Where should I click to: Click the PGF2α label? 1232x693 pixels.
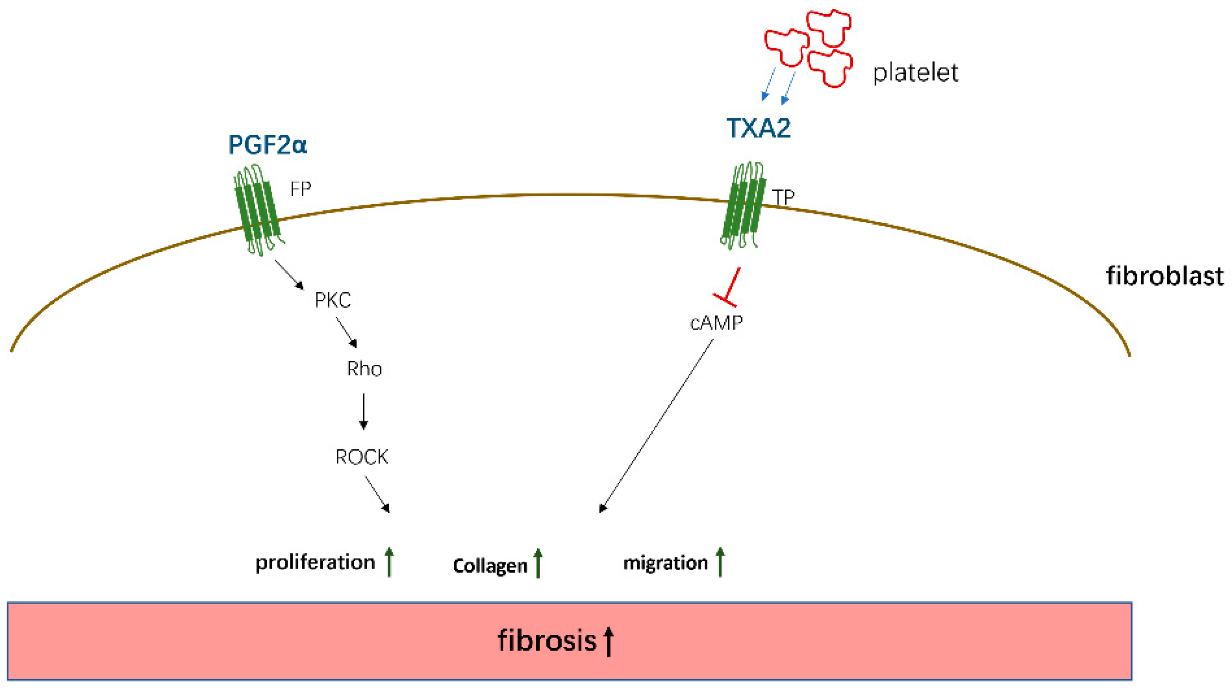point(267,145)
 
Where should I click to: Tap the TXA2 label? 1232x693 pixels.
point(758,128)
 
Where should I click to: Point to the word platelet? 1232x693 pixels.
point(915,73)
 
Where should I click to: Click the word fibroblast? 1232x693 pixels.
point(1164,276)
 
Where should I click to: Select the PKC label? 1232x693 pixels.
point(333,301)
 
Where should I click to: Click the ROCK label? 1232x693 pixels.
point(361,457)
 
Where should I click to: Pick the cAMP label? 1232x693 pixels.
point(716,323)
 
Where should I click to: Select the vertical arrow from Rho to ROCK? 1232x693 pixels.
point(364,411)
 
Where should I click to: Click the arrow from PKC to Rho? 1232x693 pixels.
point(346,333)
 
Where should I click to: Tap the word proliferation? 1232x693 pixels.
point(315,562)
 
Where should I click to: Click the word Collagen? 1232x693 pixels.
point(490,566)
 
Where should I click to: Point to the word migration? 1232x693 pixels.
point(665,563)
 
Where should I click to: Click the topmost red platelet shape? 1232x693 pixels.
point(829,26)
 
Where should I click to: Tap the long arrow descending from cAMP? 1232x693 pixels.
point(656,426)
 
